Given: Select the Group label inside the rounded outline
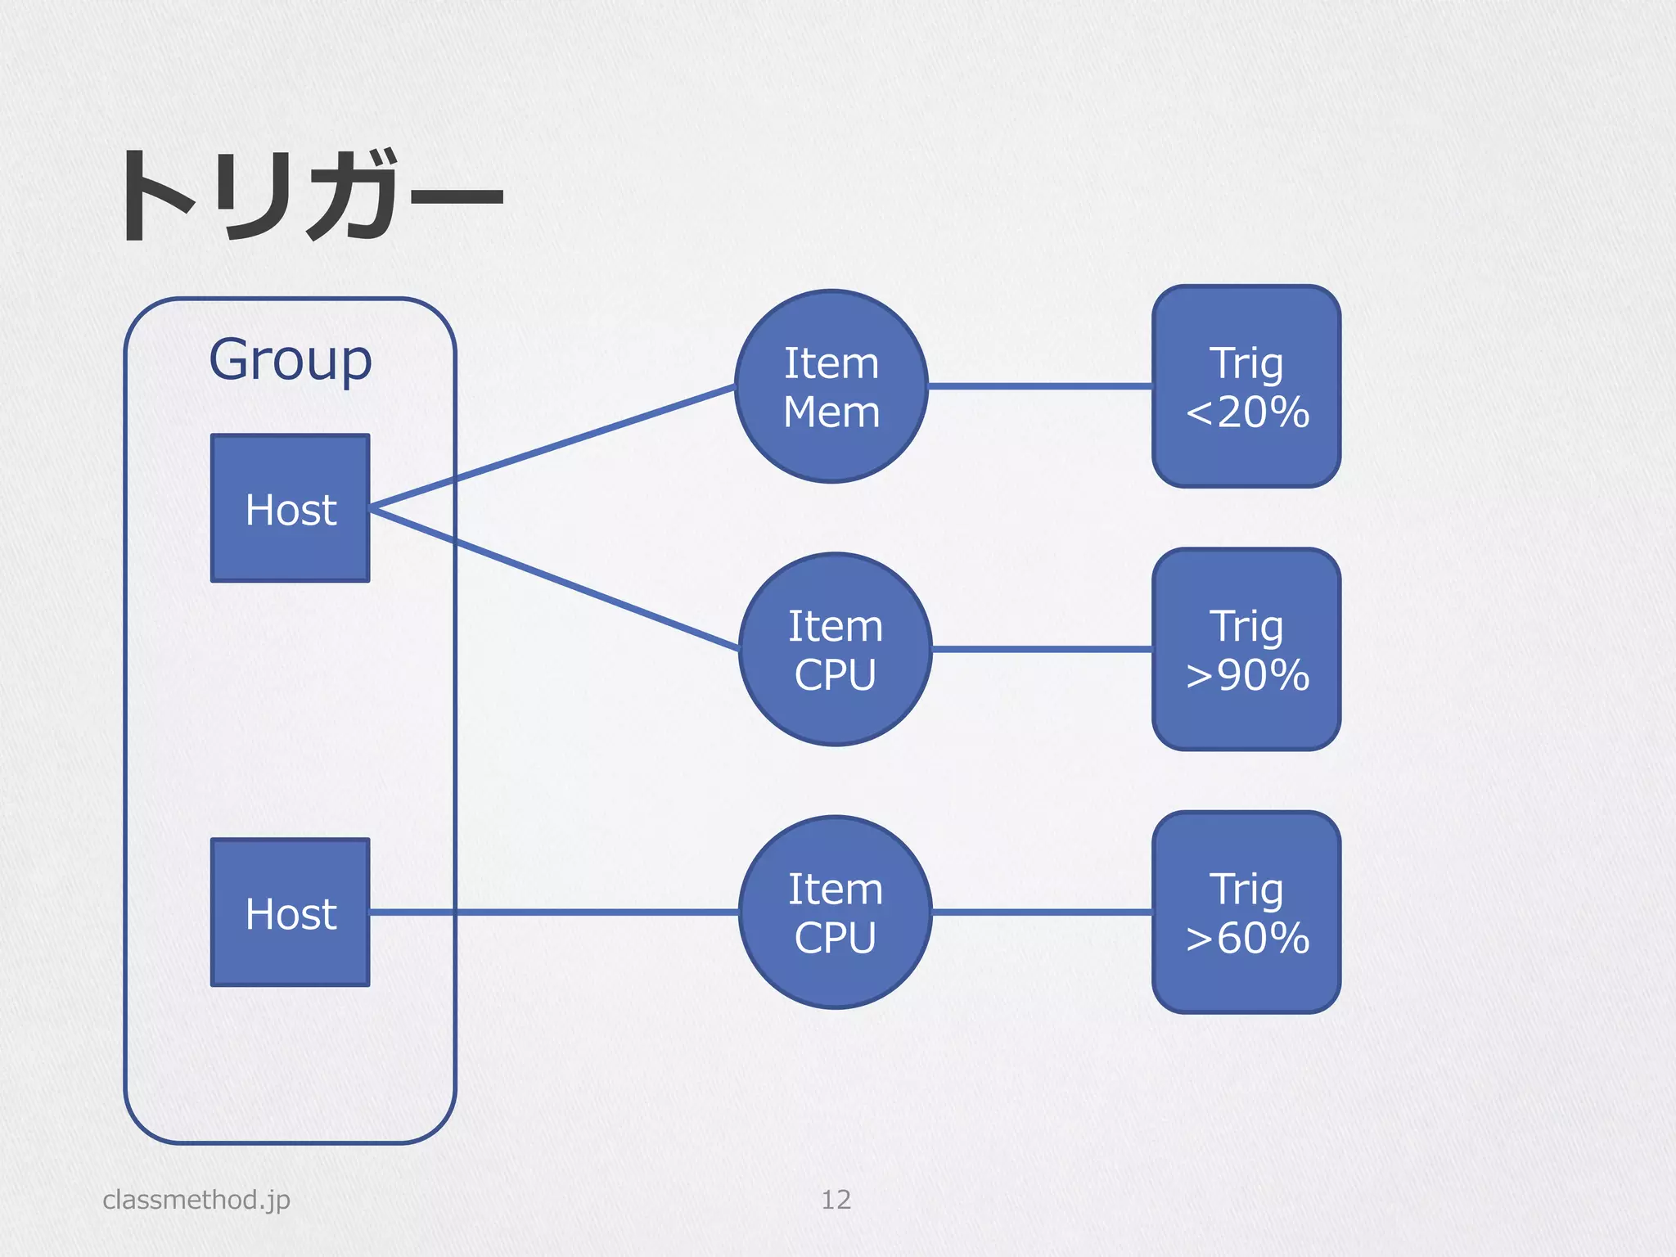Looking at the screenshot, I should click(x=291, y=360).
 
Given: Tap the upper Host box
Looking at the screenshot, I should click(x=291, y=508).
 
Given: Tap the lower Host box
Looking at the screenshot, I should click(x=291, y=912).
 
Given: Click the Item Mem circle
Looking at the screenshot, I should click(x=831, y=386).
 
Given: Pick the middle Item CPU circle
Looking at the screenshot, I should click(x=835, y=650).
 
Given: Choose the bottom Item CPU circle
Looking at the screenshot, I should click(x=835, y=912).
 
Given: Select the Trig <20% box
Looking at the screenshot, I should click(x=1246, y=386).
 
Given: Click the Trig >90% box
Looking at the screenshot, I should click(x=1246, y=650).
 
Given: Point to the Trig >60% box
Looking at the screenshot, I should click(x=1246, y=912).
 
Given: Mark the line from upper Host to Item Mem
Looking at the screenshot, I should click(x=552, y=447).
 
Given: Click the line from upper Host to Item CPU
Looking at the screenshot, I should click(x=555, y=579).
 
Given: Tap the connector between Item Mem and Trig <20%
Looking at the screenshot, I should click(x=1039, y=385).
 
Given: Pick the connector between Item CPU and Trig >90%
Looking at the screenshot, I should click(x=1041, y=649).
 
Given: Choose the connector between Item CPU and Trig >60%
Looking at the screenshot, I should click(x=1041, y=912).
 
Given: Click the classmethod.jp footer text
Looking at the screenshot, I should click(x=196, y=1200).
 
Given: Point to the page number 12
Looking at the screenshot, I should click(x=836, y=1200).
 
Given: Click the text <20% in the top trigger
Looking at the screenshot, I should click(x=1247, y=412).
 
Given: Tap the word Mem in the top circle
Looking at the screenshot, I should click(x=831, y=412).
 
